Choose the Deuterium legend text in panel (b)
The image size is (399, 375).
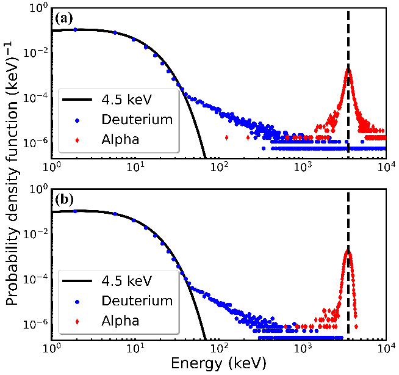pos(137,300)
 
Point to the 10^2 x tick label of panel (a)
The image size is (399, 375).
pos(220,166)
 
